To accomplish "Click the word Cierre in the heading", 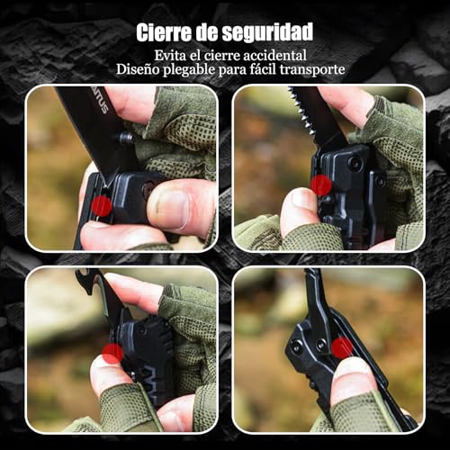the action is [163, 32].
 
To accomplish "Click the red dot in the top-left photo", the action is [102, 206].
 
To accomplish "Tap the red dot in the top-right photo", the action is [321, 185].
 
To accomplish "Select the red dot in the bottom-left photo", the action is [112, 354].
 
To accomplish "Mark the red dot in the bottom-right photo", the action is [342, 347].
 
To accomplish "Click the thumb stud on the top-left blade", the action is [126, 139].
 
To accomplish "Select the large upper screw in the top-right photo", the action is [355, 163].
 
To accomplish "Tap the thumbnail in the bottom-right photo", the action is [352, 373].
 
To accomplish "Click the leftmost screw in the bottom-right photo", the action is [296, 347].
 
